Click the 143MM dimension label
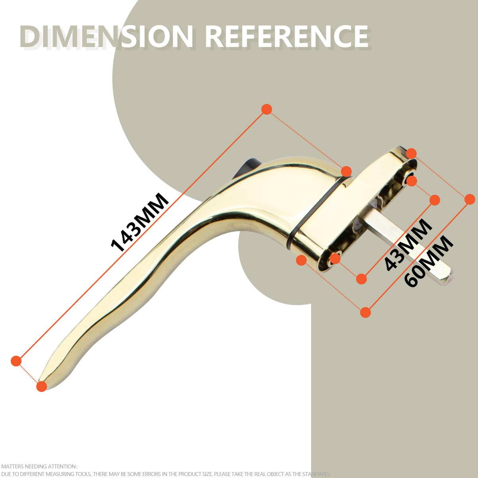coord(140,222)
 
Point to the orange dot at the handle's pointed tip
coord(42,386)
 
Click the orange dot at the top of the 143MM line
coord(266,110)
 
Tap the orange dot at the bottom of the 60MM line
coord(365,312)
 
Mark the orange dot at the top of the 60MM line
coord(470,200)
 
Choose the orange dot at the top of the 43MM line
coord(434,200)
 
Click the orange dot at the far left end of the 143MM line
coord(16,360)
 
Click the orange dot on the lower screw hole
coord(335,259)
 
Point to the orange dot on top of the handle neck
coord(346,171)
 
